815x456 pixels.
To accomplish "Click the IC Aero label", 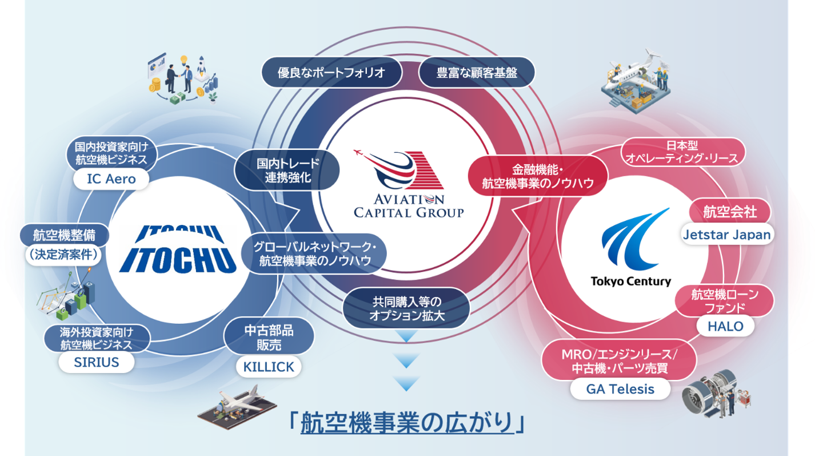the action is [111, 179].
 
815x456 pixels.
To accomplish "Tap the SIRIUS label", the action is [97, 362].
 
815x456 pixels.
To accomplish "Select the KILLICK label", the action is [269, 367].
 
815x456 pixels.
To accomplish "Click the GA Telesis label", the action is [620, 389].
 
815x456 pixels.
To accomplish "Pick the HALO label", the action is [725, 326].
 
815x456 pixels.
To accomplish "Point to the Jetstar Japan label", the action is [727, 235].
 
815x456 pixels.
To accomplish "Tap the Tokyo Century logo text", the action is [631, 281].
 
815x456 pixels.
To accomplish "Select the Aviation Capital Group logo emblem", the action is [399, 169].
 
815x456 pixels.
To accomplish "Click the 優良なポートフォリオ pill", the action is [331, 73].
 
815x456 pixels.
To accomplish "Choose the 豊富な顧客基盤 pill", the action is [477, 73].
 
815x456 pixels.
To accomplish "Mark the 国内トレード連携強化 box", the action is [287, 170].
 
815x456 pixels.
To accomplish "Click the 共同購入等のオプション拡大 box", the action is [406, 308].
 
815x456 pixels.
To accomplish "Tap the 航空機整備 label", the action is [65, 235].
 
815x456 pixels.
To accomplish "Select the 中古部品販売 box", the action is [269, 337].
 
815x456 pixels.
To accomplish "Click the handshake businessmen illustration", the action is [183, 79].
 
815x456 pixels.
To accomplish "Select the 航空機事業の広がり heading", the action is [407, 422].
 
